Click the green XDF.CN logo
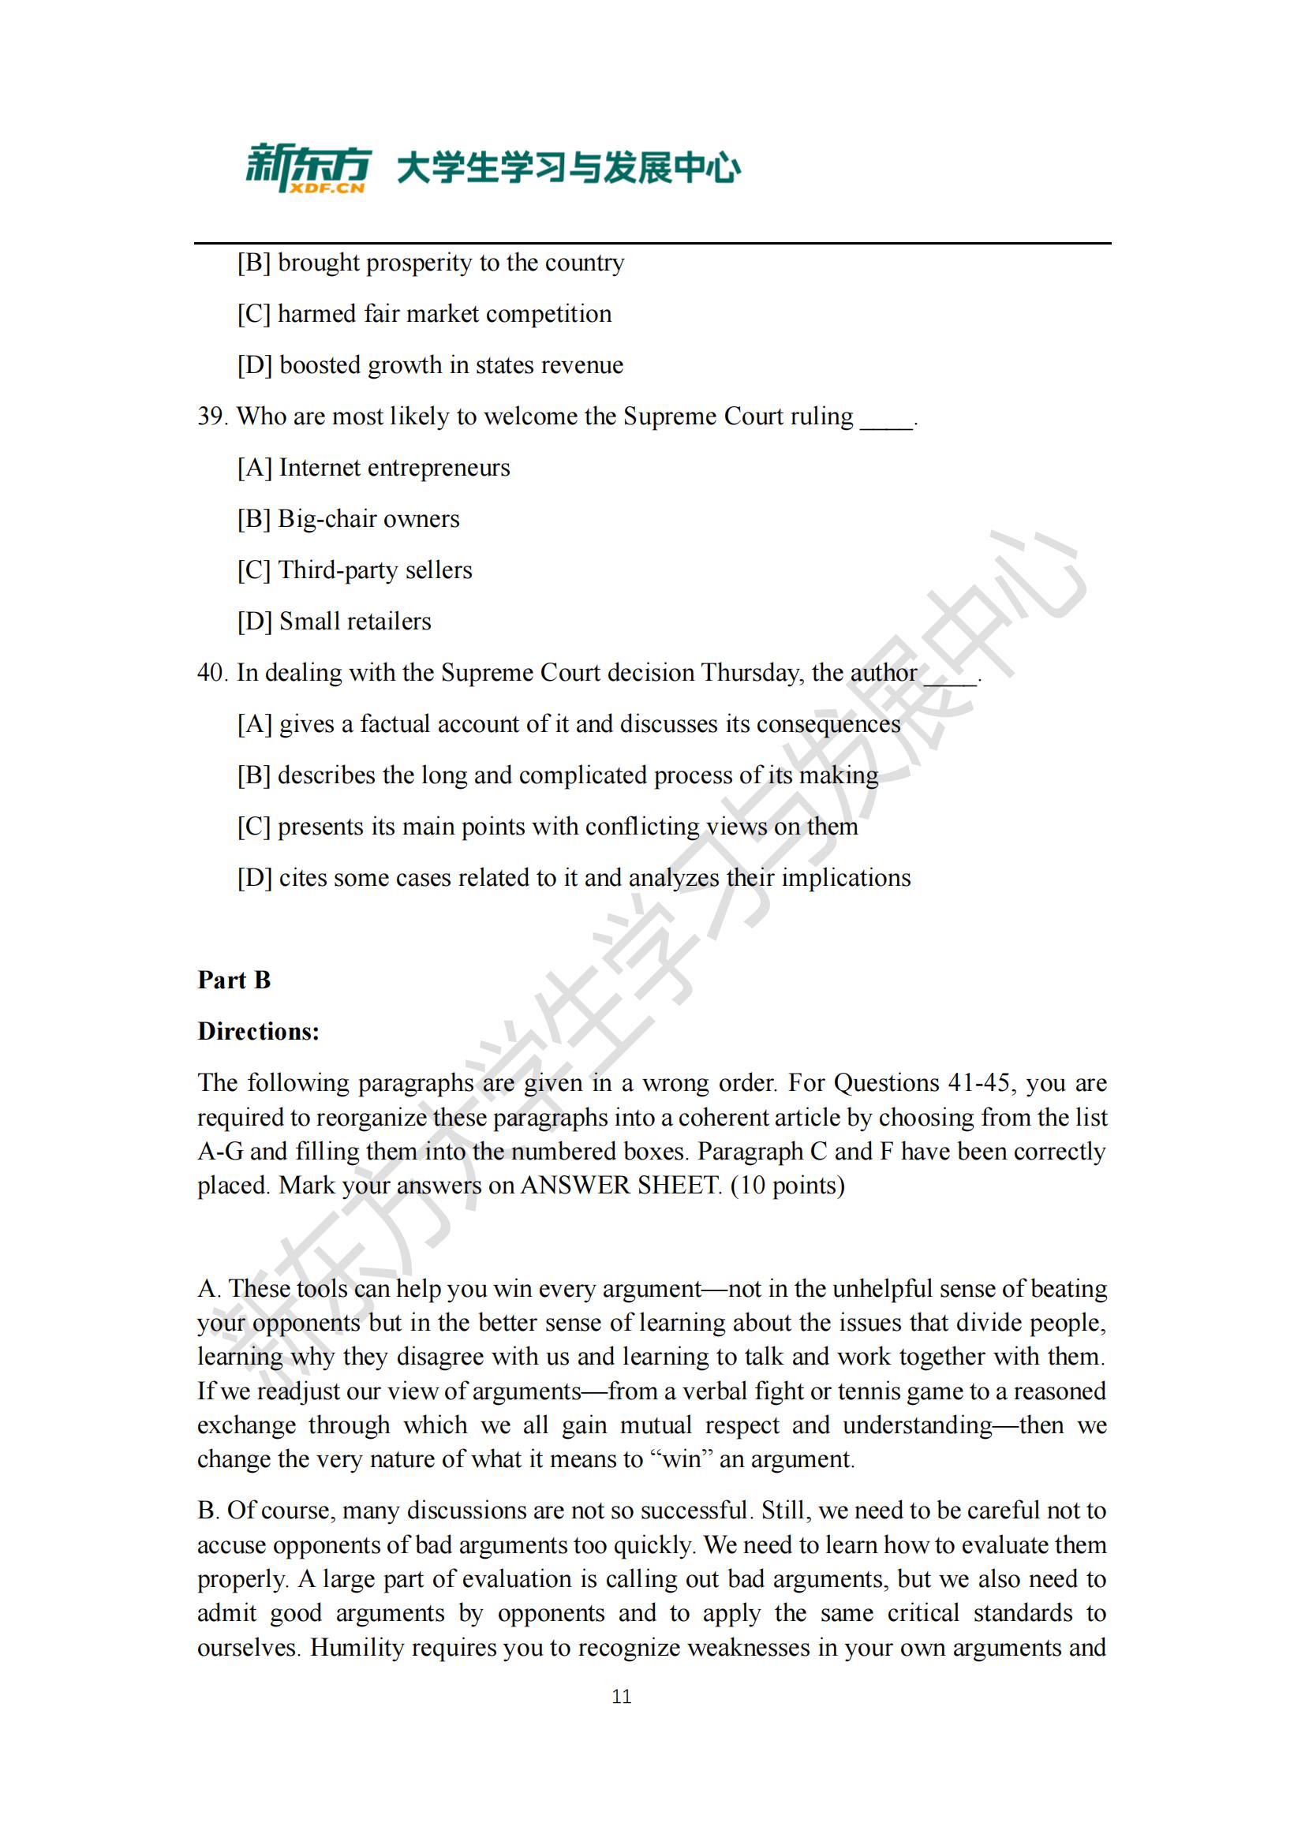coord(308,169)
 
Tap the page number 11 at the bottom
coord(621,1697)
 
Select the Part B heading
coord(234,980)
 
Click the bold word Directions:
coord(258,1031)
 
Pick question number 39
coord(213,416)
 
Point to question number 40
coord(213,673)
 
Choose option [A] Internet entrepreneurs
coord(374,468)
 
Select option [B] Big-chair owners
coord(348,519)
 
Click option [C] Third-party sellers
coord(354,570)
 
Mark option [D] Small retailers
coord(335,621)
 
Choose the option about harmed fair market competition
coord(424,314)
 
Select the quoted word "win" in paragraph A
coord(681,1458)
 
